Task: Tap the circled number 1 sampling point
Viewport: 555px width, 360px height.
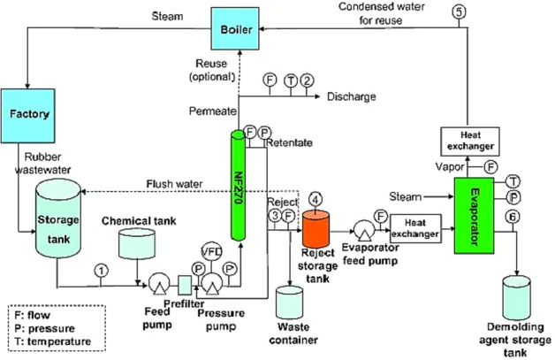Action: [x=103, y=270]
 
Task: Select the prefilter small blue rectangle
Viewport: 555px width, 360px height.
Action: [x=185, y=286]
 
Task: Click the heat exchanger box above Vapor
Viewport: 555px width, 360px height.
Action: [x=466, y=140]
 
